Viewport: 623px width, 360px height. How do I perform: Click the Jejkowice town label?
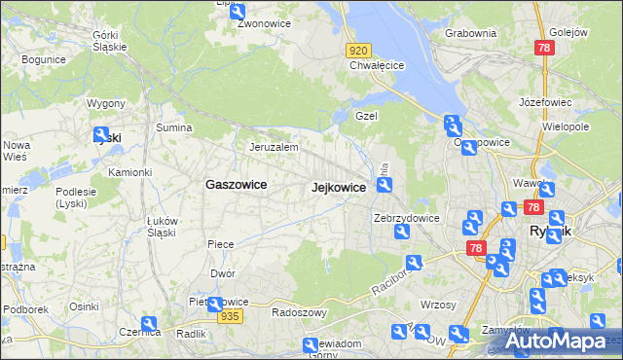click(338, 188)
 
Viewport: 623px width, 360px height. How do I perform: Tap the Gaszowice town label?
click(236, 184)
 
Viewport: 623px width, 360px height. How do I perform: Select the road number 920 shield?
click(358, 51)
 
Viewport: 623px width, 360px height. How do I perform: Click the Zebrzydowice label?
click(407, 219)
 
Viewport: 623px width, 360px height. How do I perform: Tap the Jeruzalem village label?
click(273, 147)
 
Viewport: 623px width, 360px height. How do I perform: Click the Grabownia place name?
click(470, 33)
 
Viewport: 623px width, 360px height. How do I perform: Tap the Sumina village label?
click(174, 127)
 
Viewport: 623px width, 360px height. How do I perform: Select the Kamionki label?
click(129, 172)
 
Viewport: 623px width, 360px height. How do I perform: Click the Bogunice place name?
click(43, 59)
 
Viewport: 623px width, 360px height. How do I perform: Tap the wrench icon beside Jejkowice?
click(385, 185)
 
